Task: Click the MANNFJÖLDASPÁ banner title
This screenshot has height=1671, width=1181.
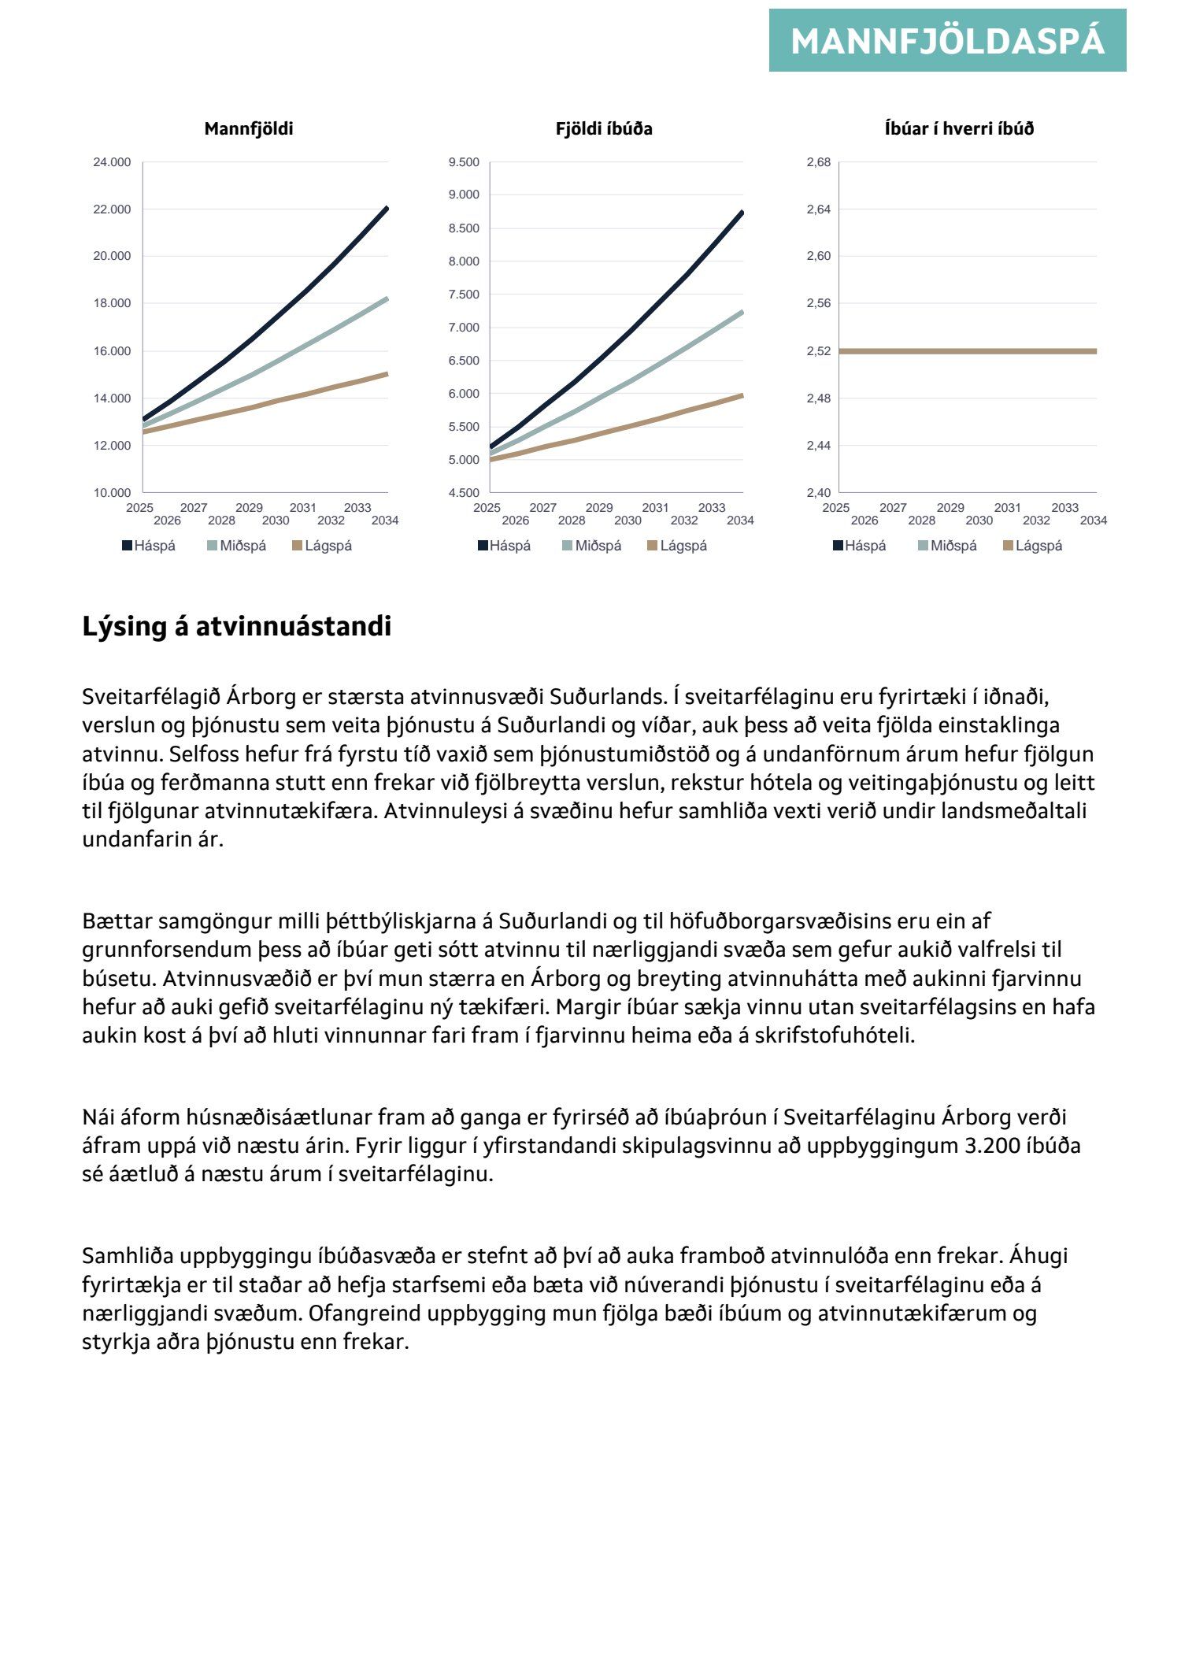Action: point(947,41)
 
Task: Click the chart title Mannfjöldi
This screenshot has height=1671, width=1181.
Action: point(249,129)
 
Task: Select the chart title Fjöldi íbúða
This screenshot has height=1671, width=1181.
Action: point(604,129)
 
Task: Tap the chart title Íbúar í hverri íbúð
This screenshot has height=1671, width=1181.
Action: point(959,129)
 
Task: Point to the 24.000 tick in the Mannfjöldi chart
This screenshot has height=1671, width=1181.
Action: point(112,163)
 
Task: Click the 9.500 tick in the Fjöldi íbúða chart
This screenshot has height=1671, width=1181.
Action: point(464,163)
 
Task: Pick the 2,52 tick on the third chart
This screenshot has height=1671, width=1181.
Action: point(819,351)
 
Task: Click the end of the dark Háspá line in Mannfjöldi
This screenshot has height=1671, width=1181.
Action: point(387,209)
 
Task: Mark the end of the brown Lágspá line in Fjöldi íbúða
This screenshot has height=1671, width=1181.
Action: point(742,395)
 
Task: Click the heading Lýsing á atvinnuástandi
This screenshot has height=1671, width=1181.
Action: point(236,627)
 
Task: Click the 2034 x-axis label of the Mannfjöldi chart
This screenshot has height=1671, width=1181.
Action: point(385,521)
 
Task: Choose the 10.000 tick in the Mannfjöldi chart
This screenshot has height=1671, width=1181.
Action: point(112,493)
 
